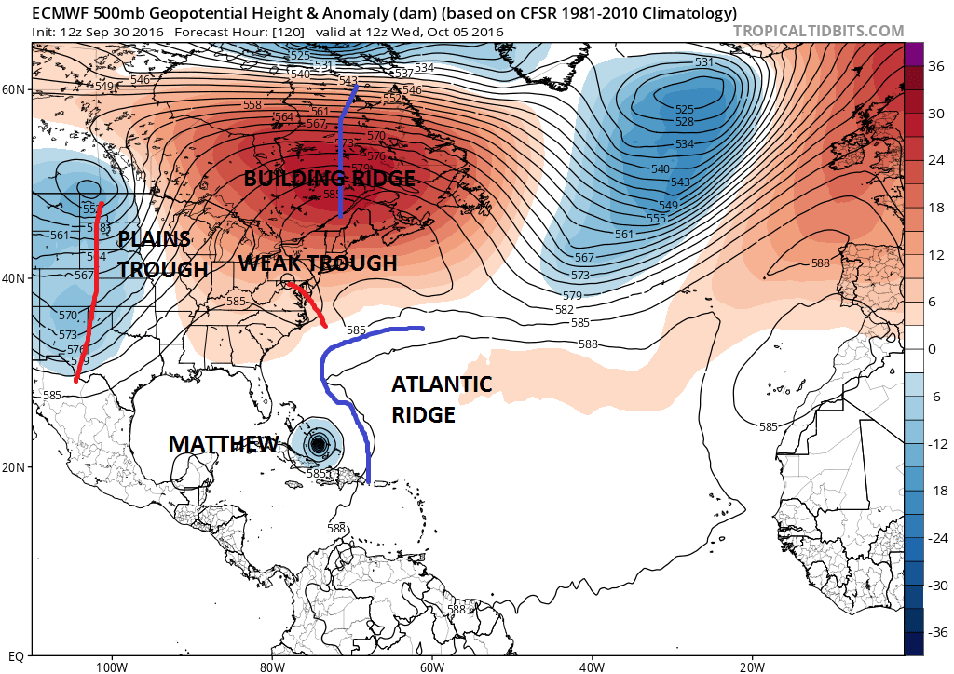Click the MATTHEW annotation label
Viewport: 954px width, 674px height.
point(223,443)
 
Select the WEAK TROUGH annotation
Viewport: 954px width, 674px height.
point(318,263)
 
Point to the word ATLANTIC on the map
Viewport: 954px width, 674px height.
point(442,384)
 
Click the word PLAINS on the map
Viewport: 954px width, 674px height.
point(154,239)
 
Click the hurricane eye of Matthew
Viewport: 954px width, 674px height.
point(319,444)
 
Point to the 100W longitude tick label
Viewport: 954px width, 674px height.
point(111,667)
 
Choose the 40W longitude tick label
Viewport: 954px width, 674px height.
point(592,667)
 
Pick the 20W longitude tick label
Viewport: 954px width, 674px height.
point(752,667)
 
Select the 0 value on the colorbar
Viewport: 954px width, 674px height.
point(932,349)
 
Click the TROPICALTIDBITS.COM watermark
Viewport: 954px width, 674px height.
point(818,31)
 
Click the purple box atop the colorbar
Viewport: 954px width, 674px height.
point(913,54)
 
